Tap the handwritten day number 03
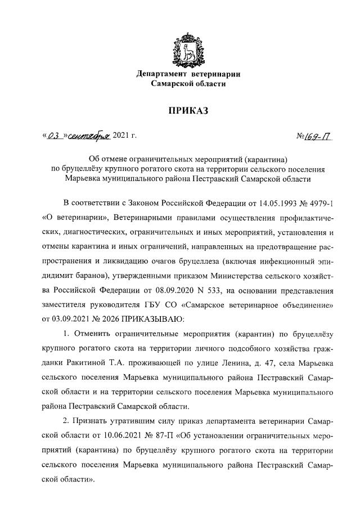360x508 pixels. (52, 135)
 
